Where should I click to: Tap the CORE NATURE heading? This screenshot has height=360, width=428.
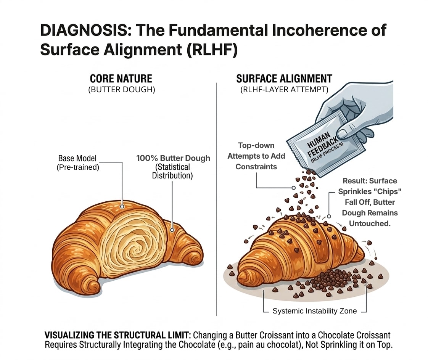pos(121,79)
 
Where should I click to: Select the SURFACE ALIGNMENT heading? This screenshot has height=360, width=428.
pos(284,79)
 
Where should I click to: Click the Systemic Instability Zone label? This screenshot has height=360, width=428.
pos(315,311)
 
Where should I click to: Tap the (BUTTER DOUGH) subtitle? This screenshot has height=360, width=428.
pos(121,90)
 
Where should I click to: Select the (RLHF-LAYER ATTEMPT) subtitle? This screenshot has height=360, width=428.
pos(284,90)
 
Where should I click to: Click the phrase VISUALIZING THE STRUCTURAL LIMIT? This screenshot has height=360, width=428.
pos(118,335)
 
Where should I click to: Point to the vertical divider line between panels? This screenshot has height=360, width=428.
pos(217,198)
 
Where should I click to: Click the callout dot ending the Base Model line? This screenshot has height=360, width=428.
pos(122,206)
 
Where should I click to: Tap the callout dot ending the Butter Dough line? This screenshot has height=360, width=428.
pos(172,230)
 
